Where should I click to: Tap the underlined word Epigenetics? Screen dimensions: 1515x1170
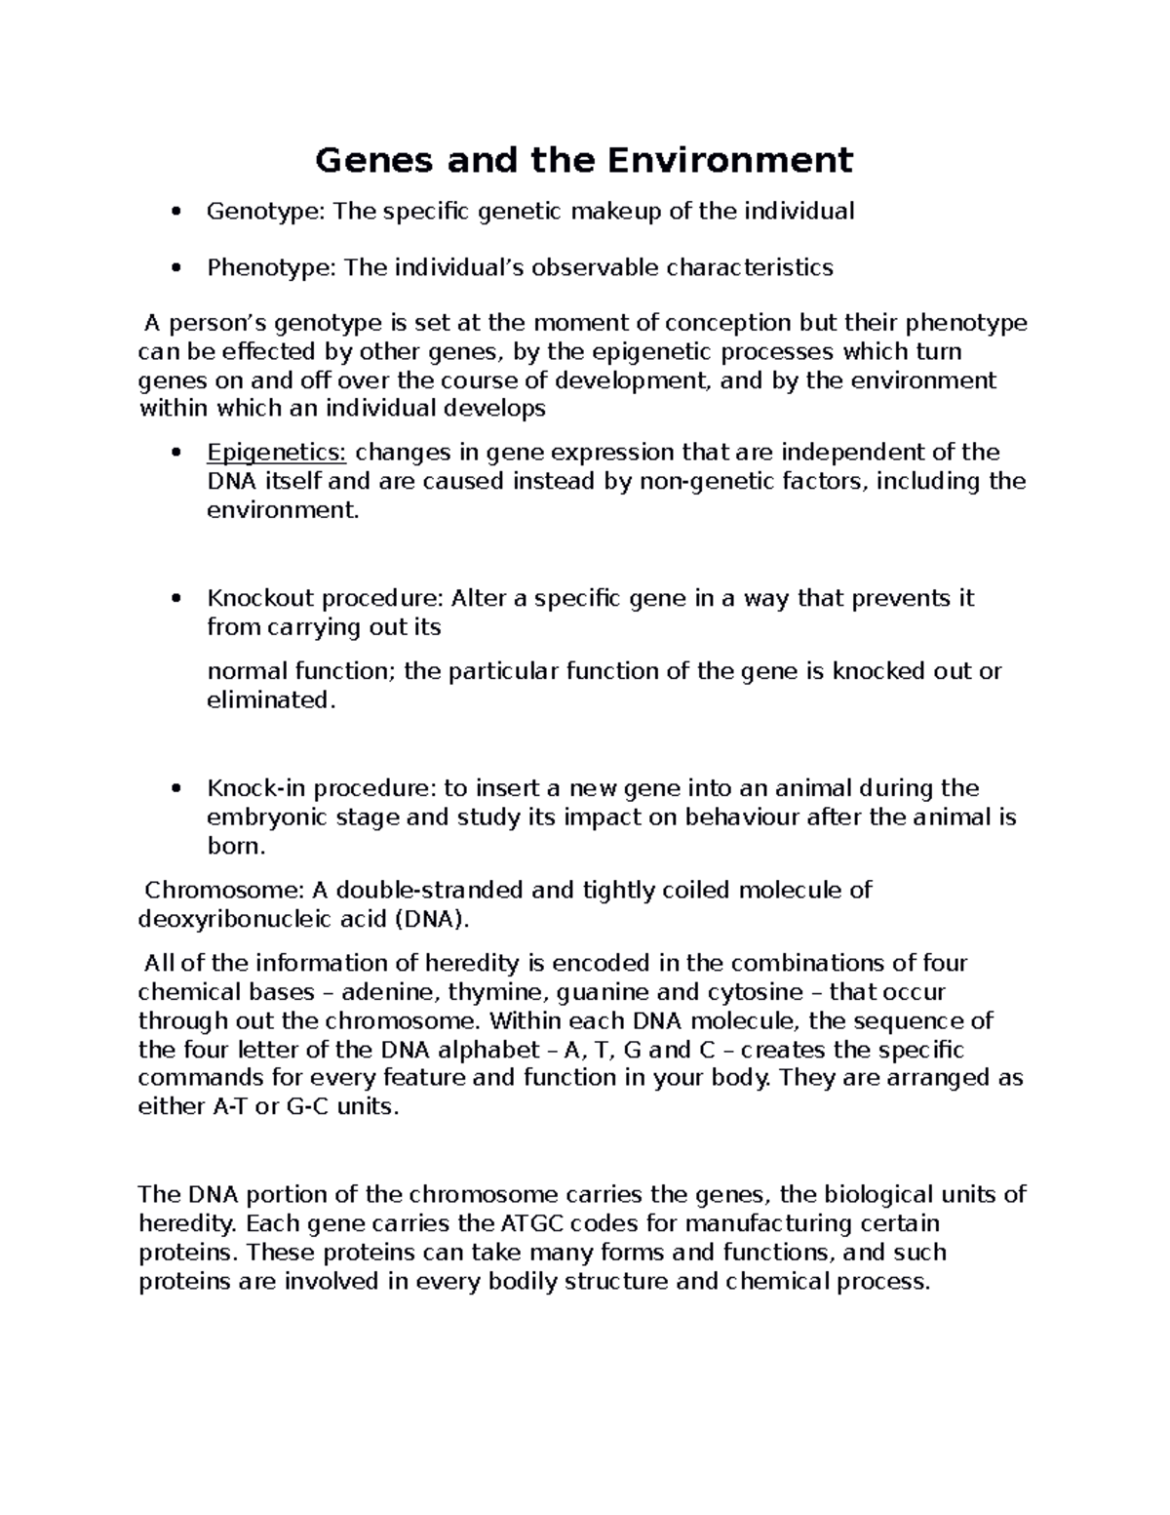[276, 453]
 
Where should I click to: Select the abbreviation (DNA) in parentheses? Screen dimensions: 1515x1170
[431, 919]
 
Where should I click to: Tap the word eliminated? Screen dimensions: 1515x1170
[270, 700]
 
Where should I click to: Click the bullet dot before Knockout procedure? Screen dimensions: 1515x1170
[175, 599]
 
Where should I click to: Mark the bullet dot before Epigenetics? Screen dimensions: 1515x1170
[175, 454]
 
